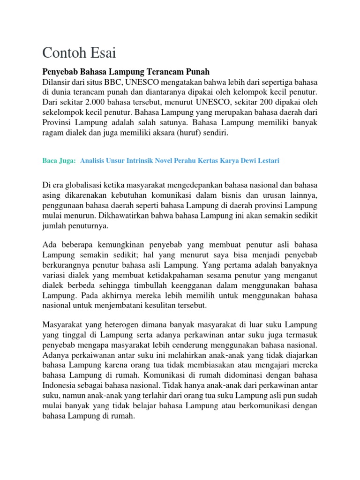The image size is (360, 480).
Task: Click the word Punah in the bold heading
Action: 195,72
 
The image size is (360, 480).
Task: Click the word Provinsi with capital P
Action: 58,122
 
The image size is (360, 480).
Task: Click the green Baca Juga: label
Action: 59,161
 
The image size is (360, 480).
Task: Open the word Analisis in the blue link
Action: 94,161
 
